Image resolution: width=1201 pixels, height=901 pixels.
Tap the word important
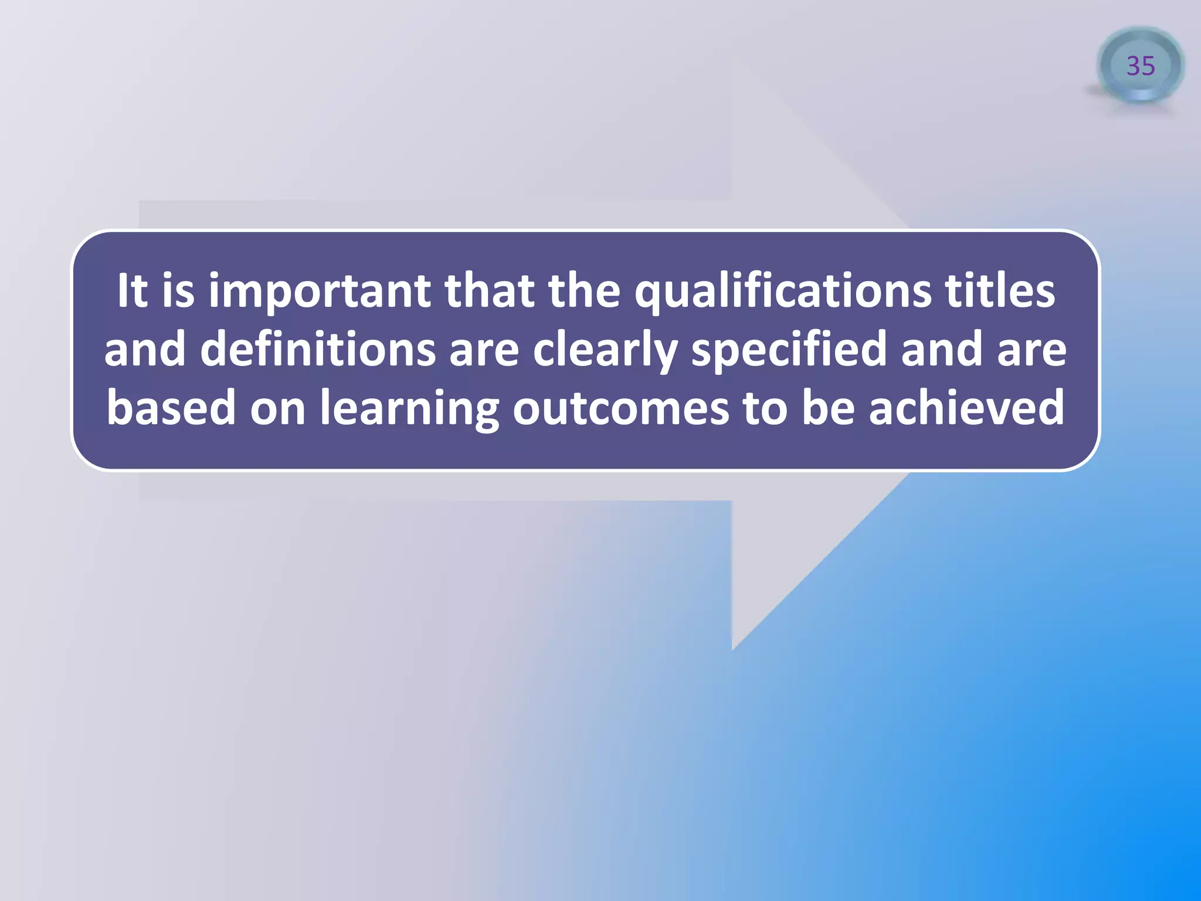click(320, 292)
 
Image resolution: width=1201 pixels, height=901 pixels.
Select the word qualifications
click(782, 292)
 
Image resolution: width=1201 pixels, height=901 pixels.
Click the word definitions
click(318, 350)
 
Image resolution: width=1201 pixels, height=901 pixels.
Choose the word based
click(171, 408)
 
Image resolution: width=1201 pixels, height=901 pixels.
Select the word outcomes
click(620, 408)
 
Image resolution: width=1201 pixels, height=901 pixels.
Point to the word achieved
click(966, 408)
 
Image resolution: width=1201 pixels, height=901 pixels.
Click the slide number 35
click(1141, 66)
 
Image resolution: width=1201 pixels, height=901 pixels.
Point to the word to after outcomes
click(765, 408)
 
